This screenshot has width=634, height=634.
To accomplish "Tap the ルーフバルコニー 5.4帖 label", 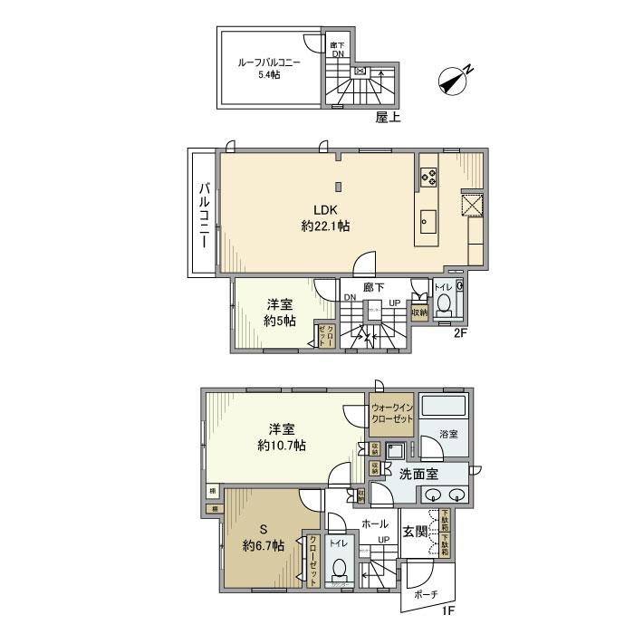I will [x=269, y=68].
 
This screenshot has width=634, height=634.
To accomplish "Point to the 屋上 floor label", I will [x=389, y=117].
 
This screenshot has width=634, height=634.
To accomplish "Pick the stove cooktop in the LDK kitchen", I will [x=428, y=178].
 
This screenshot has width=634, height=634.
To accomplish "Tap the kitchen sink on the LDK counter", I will [x=428, y=220].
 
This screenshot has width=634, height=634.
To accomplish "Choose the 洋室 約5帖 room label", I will [x=279, y=312].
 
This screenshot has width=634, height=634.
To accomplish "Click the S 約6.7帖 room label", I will [x=263, y=536].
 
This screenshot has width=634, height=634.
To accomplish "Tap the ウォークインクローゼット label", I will [x=392, y=414].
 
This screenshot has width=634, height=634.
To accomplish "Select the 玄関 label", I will [x=415, y=531].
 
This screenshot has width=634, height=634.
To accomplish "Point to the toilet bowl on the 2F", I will [x=443, y=306].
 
